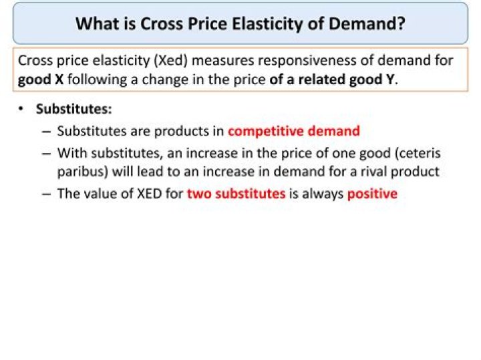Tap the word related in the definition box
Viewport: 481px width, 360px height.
click(x=321, y=80)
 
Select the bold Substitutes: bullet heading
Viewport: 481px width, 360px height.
click(x=73, y=109)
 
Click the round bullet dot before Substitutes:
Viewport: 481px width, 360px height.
click(x=22, y=109)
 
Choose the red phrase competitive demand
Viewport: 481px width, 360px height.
click(x=293, y=131)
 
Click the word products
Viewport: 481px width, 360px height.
click(x=182, y=131)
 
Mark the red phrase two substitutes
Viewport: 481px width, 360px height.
click(x=236, y=194)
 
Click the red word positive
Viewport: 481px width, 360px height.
click(x=372, y=194)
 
